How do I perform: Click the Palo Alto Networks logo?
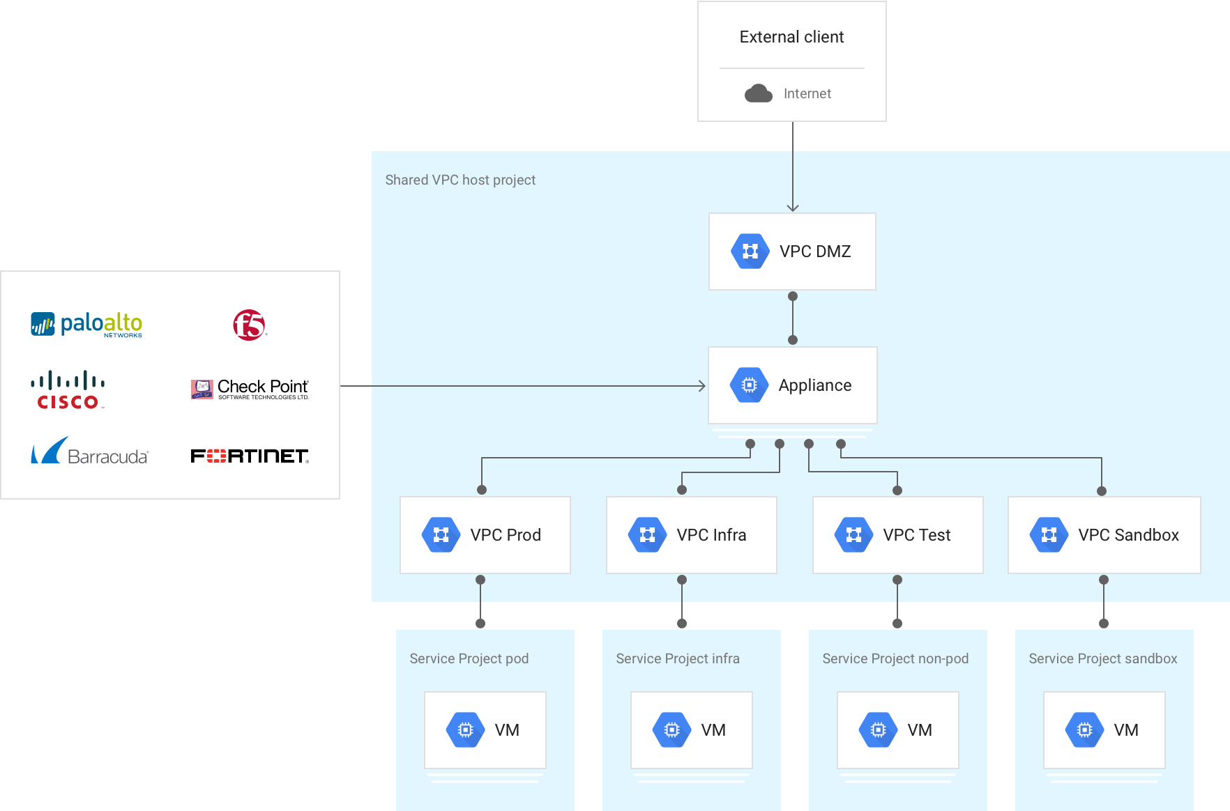[x=86, y=324]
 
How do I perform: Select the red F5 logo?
[x=249, y=325]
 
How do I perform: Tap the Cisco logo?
[x=68, y=389]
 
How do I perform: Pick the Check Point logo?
[x=250, y=389]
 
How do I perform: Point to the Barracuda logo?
[x=89, y=452]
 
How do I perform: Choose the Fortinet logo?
[x=250, y=456]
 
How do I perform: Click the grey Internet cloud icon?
[x=758, y=93]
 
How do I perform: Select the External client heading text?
[x=791, y=37]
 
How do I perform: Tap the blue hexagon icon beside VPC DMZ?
[x=750, y=251]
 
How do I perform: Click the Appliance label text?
[x=814, y=385]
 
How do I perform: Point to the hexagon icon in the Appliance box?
[x=749, y=385]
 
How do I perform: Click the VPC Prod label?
[x=506, y=535]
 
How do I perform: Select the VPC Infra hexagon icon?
[x=647, y=535]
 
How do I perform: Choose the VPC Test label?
[x=916, y=535]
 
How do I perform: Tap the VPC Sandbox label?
[x=1128, y=535]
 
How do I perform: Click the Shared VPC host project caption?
[x=460, y=180]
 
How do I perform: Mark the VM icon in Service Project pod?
[x=465, y=729]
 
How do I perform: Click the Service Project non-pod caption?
[x=895, y=658]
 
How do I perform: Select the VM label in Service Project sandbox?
[x=1125, y=729]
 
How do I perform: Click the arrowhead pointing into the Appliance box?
[x=703, y=386]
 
